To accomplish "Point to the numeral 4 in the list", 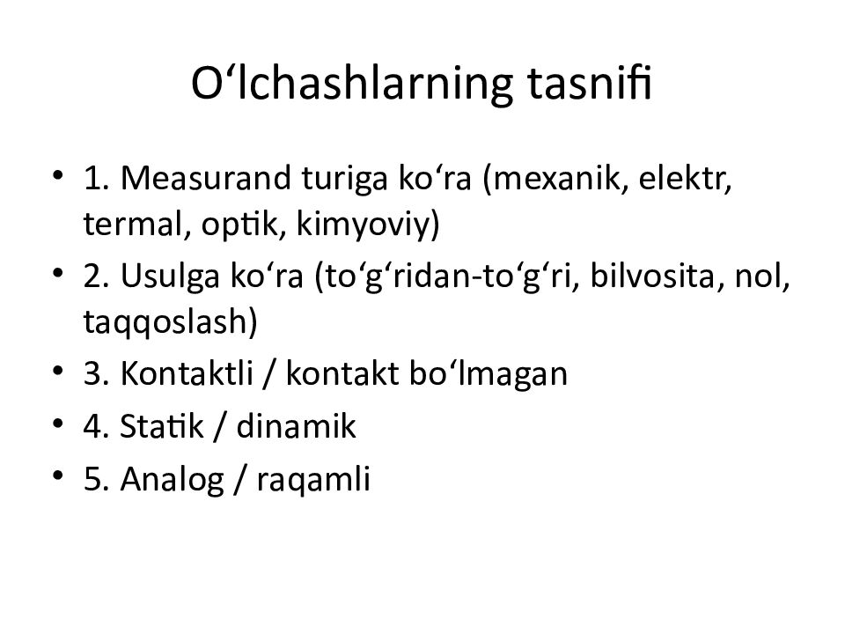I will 91,429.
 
